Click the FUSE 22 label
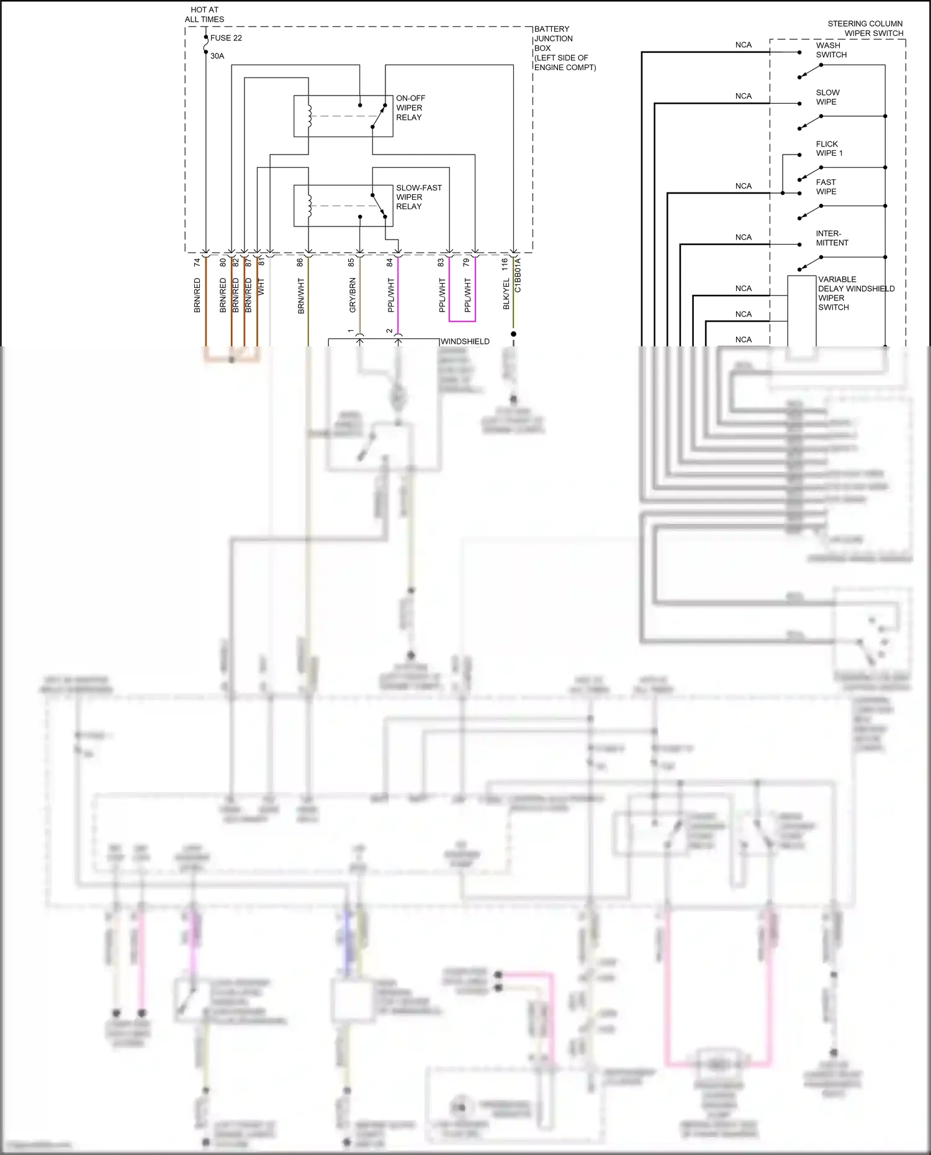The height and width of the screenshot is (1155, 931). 226,38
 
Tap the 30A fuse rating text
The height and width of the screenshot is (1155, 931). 217,56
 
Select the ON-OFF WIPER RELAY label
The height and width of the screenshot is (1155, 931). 410,107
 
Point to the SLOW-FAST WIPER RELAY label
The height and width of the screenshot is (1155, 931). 418,197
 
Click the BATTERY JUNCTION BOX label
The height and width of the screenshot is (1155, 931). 564,48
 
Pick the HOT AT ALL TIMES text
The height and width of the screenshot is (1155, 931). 204,14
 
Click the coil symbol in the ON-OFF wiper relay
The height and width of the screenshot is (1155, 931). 308,115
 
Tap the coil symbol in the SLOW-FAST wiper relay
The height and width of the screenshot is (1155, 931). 308,205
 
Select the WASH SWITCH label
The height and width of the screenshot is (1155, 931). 831,50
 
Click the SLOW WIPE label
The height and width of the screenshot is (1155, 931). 827,97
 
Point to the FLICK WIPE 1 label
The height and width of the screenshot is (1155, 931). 829,148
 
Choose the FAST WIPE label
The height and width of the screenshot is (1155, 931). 826,187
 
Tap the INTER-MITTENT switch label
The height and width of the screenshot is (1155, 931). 832,238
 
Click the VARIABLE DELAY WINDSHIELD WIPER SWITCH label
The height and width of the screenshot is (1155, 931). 855,293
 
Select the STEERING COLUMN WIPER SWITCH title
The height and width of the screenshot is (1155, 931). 865,29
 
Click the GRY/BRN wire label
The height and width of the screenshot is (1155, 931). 353,295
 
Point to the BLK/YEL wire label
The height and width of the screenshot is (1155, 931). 506,294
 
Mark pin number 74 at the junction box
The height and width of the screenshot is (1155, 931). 197,263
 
